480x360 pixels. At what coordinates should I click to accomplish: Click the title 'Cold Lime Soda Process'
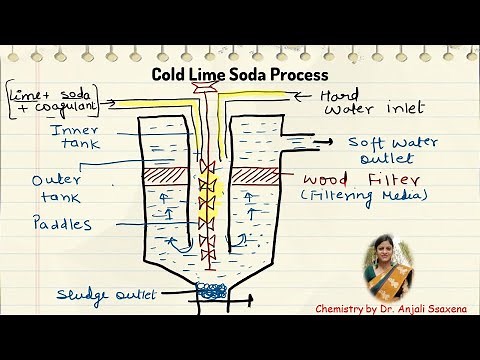pos(239,74)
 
